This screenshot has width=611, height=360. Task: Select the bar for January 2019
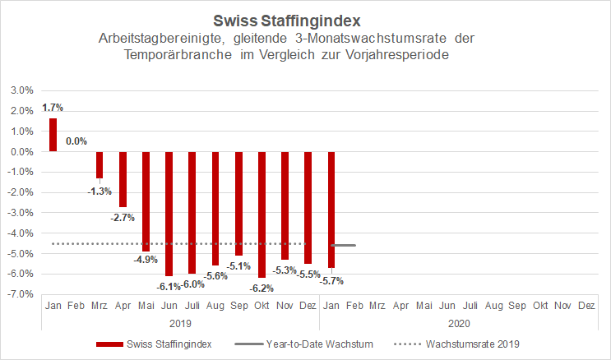(x=53, y=135)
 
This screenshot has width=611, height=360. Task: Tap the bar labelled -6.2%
(x=262, y=214)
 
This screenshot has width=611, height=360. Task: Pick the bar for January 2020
(x=332, y=210)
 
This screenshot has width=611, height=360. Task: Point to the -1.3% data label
(x=99, y=192)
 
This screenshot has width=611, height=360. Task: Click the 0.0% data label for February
(x=76, y=141)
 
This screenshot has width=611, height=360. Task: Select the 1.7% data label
(x=52, y=108)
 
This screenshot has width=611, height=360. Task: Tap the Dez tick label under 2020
(x=586, y=306)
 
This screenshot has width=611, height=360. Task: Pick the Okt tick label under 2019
(x=262, y=306)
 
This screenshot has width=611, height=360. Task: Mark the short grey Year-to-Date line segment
(x=343, y=245)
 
